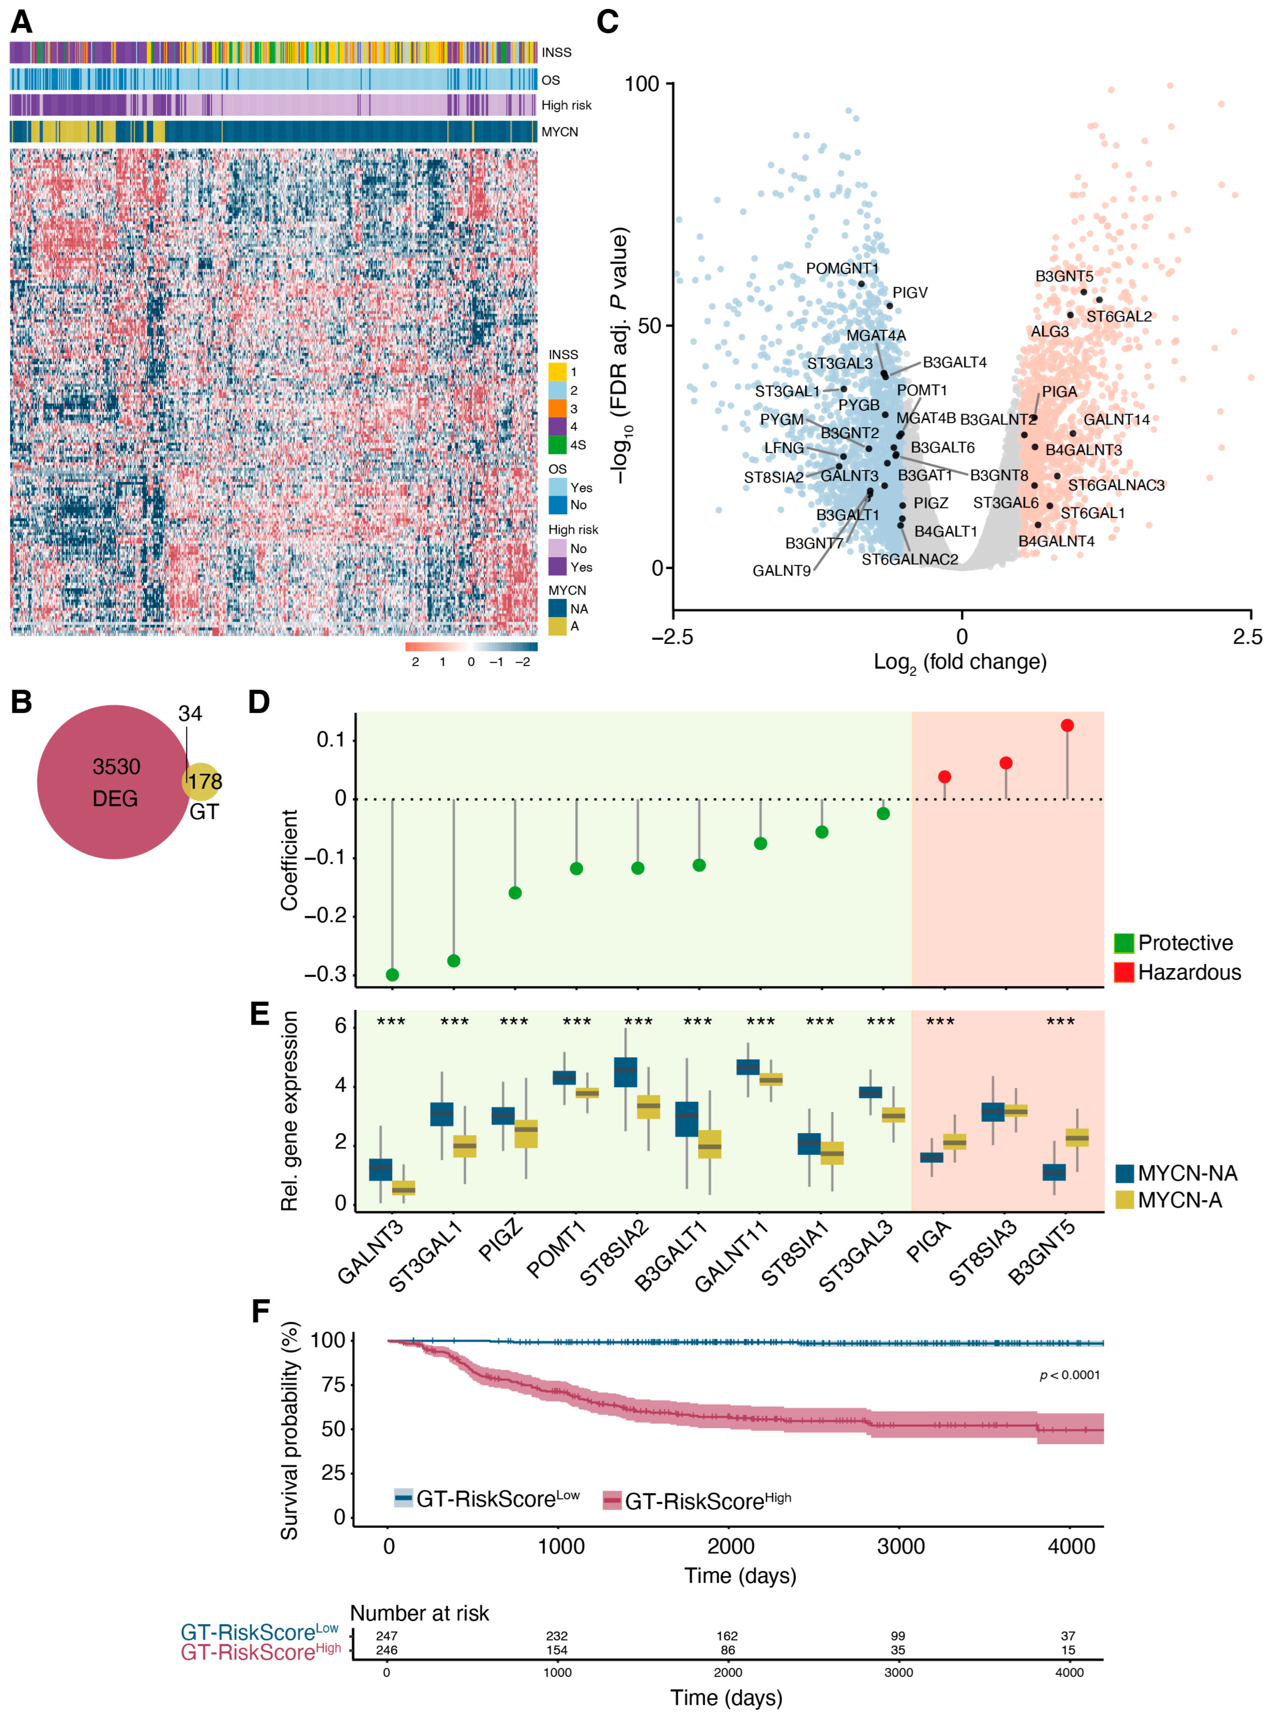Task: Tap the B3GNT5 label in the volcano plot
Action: [x=1063, y=276]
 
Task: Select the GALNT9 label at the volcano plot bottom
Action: [x=781, y=571]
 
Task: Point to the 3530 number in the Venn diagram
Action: [x=116, y=767]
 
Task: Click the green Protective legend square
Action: [x=1123, y=943]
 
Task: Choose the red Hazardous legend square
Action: [x=1123, y=973]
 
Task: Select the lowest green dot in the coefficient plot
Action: [x=392, y=975]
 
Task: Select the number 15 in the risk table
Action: [x=1068, y=1650]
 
